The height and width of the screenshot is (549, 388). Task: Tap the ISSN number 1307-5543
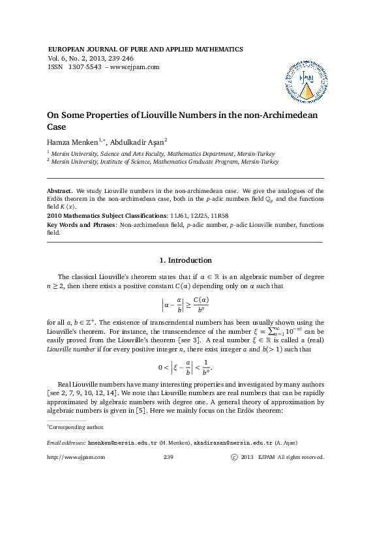coord(83,67)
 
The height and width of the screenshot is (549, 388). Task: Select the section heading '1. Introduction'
coord(186,260)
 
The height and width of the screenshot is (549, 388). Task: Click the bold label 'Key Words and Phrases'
coord(82,224)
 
